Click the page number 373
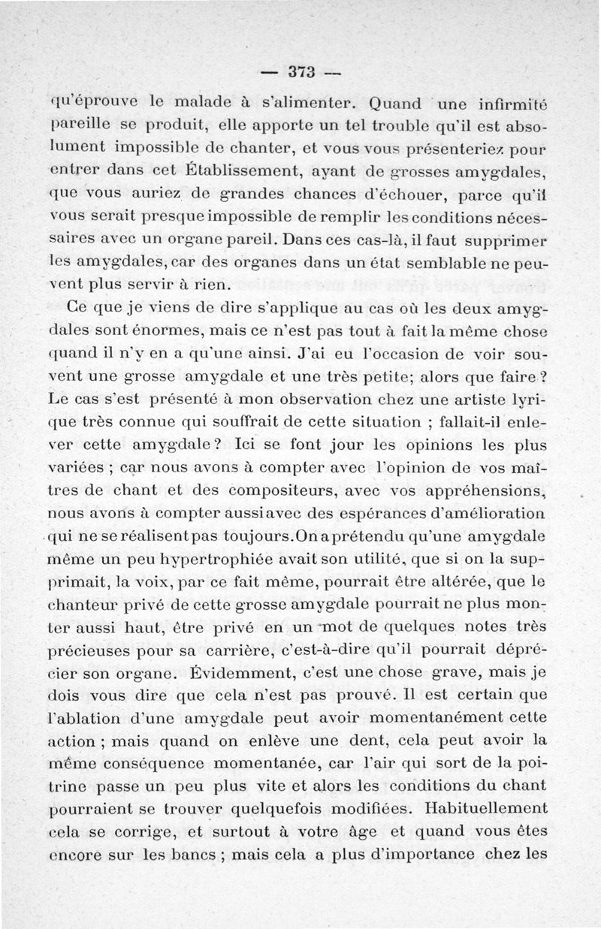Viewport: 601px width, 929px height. [x=300, y=72]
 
